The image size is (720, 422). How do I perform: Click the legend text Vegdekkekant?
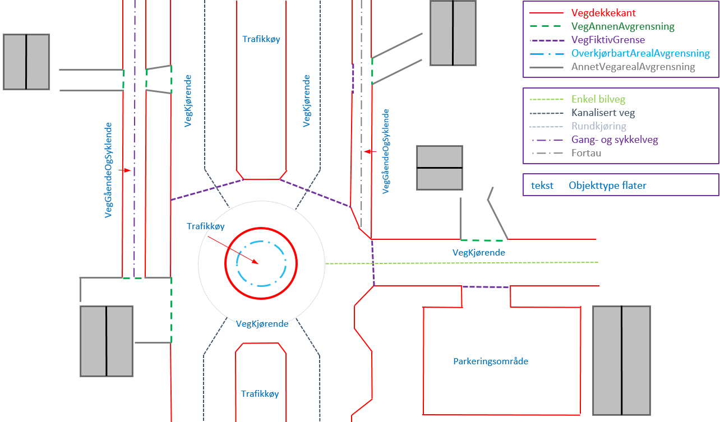coord(603,13)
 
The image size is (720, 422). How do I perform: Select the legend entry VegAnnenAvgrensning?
coord(622,26)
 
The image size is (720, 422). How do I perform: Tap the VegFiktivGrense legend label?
coord(608,40)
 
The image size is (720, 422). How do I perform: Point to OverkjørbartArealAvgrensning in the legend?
coord(640,53)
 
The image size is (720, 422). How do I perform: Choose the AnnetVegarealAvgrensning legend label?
coord(633,67)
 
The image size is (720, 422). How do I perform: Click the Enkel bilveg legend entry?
coord(598,99)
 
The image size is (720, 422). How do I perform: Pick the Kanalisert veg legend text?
coord(603,113)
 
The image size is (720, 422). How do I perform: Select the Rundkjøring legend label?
coord(598,126)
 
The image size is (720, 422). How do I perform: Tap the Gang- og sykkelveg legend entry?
coord(615,140)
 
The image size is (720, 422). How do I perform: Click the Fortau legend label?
coord(586,153)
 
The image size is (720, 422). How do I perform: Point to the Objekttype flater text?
coord(607,186)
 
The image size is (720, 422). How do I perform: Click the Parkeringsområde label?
coord(491,361)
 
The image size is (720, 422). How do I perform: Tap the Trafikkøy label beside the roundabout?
coord(206,226)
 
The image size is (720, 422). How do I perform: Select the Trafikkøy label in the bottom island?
coord(260,394)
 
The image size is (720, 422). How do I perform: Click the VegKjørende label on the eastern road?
coord(479,253)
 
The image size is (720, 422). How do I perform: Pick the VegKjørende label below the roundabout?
coord(262,324)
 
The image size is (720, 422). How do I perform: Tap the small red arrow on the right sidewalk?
coord(370,151)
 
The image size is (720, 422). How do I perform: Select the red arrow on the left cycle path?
coord(124,170)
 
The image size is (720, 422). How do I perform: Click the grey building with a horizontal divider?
coord(440,168)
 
